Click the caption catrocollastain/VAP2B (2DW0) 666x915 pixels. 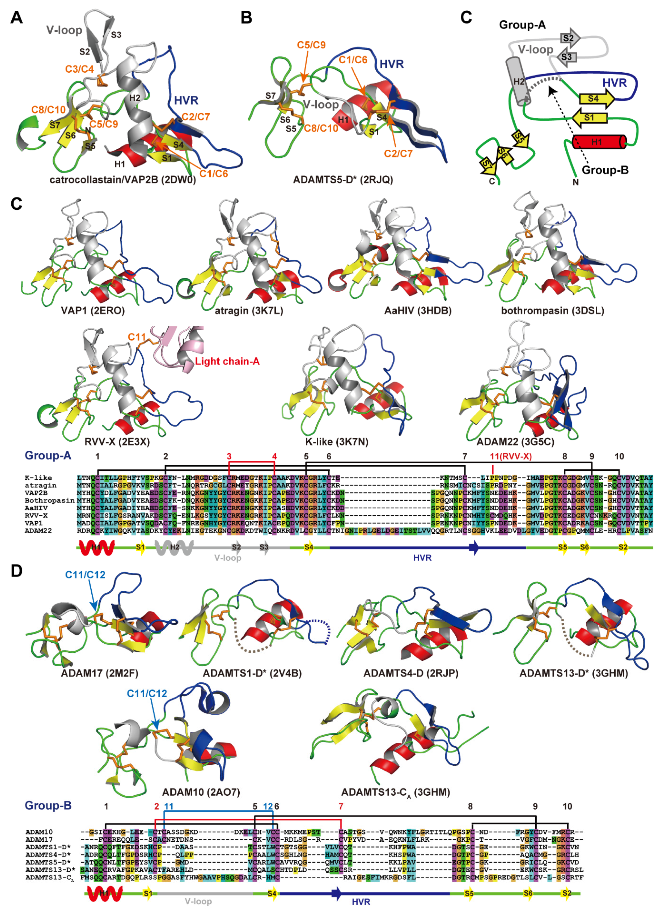pyautogui.click(x=123, y=180)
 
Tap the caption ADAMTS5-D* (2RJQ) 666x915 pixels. pyautogui.click(x=343, y=180)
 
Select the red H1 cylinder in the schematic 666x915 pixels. pyautogui.click(x=599, y=142)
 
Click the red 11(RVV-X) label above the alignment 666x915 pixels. pyautogui.click(x=511, y=456)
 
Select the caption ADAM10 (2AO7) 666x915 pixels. pyautogui.click(x=201, y=792)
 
